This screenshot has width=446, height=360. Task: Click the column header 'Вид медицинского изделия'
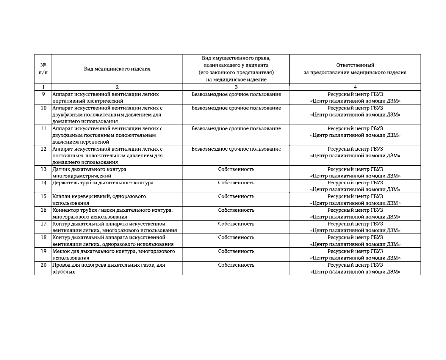pos(117,69)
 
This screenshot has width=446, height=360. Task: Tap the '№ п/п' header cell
pos(43,69)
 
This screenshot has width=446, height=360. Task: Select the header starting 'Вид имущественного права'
pos(236,69)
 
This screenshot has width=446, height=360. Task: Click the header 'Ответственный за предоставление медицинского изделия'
pos(355,69)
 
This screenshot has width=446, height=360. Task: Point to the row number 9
pos(43,95)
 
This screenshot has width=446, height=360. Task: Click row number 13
pos(43,169)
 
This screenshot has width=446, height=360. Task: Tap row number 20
pos(43,265)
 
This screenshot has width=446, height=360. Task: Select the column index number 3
pos(236,87)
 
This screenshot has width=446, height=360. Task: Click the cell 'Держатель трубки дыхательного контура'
pos(103,183)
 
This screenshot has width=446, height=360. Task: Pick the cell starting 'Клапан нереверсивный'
pos(99,200)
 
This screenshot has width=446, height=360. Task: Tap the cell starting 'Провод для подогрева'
pos(109,268)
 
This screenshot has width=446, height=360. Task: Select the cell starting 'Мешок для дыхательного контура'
pos(113,254)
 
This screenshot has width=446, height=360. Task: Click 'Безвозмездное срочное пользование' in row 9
pos(236,95)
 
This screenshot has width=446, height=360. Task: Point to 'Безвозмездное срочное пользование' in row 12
pos(236,149)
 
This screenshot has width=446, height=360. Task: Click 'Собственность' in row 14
pos(236,183)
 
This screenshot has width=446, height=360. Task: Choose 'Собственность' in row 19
pos(236,251)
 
